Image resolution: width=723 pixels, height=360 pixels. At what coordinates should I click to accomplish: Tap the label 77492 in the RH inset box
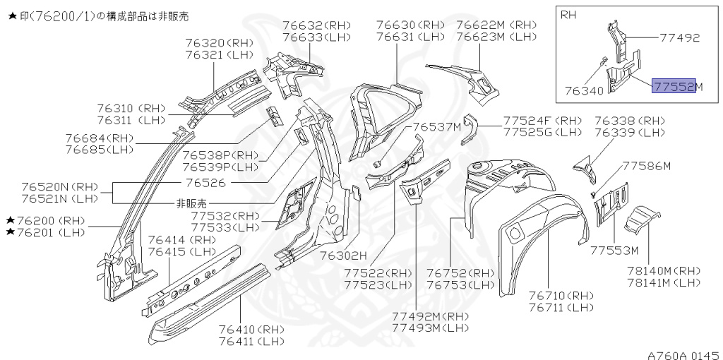tap(680, 38)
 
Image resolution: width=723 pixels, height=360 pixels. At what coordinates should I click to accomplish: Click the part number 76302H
tap(343, 255)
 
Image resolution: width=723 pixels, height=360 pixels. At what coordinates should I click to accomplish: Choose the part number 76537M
tap(437, 127)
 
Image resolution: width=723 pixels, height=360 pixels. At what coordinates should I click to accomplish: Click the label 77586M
tap(646, 166)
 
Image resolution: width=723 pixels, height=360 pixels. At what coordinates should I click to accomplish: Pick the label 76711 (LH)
tap(561, 307)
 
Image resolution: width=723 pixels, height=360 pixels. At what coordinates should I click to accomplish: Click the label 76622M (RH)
tap(496, 25)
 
